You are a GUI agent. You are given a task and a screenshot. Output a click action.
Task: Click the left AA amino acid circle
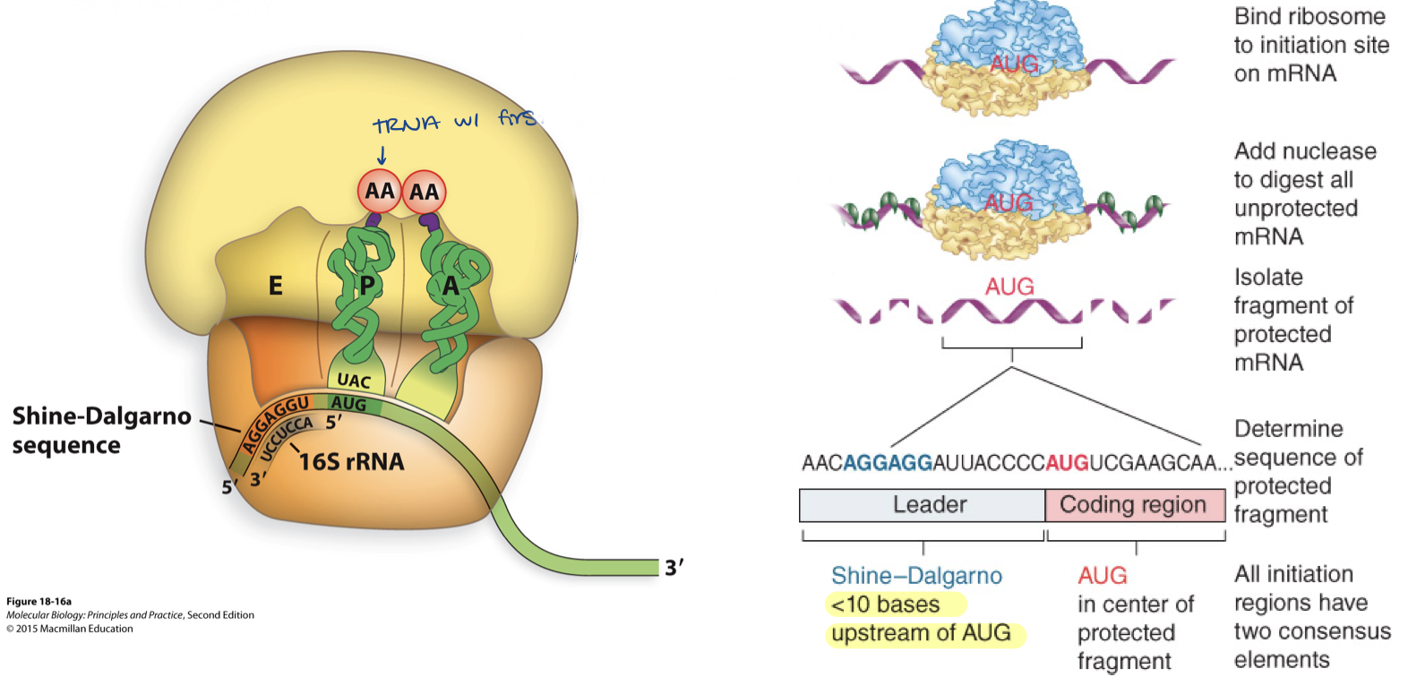click(379, 191)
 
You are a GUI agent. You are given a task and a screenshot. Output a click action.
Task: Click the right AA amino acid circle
click(424, 192)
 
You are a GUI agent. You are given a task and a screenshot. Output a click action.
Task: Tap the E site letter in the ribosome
click(275, 286)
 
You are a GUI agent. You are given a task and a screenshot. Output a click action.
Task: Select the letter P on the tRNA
click(366, 286)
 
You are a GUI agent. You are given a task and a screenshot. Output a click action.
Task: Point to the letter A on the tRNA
click(450, 286)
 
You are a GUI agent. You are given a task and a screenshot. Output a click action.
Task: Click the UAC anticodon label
click(354, 381)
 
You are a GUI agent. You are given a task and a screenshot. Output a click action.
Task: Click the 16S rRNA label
click(351, 462)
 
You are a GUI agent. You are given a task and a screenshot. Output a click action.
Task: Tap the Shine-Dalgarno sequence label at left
click(101, 430)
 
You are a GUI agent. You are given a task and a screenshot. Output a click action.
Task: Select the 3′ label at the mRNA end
click(674, 568)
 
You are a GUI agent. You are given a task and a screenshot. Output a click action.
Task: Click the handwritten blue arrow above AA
click(381, 154)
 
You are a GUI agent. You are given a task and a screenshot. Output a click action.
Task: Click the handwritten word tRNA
click(407, 124)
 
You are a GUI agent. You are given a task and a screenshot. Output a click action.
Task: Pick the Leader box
click(923, 505)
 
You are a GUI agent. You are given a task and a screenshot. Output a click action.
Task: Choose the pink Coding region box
click(1134, 505)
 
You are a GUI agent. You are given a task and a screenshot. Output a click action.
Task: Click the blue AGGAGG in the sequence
click(887, 463)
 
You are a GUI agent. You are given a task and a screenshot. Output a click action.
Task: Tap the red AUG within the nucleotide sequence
click(1067, 463)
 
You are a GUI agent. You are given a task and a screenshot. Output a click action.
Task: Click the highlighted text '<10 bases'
click(885, 604)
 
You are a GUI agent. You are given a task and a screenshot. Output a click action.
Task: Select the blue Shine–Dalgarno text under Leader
click(916, 575)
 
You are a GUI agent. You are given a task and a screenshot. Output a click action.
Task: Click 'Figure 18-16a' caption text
click(39, 602)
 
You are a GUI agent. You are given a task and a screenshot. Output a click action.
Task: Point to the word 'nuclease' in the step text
click(1334, 150)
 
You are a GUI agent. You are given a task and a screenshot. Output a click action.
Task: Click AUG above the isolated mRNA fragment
click(1009, 287)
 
